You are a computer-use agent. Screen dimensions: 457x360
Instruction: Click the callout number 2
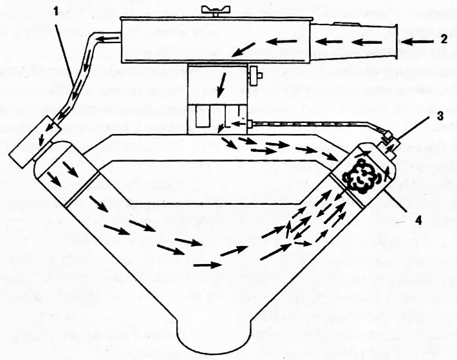(443, 39)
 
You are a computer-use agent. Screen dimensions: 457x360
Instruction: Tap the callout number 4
(418, 221)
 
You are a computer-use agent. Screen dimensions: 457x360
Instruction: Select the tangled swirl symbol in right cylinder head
(359, 176)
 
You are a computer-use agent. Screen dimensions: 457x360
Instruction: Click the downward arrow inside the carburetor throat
(221, 85)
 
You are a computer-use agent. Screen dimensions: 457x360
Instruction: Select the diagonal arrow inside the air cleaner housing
(243, 49)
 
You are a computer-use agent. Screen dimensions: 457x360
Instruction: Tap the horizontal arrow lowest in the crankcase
(207, 265)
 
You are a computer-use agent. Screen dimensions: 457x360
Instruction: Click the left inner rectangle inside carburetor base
(203, 117)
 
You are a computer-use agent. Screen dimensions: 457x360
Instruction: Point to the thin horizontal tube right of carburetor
(310, 124)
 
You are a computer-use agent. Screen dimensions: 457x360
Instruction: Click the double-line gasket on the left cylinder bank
(83, 189)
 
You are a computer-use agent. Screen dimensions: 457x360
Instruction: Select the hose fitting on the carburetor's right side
(250, 124)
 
